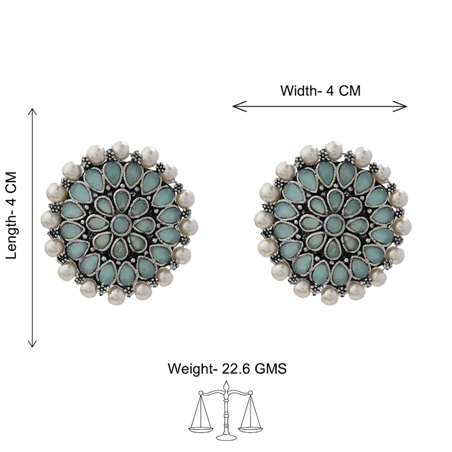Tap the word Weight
190,369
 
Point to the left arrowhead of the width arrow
239,106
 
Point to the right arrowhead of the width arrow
400,106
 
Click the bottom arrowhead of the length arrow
32,343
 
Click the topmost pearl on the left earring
120,150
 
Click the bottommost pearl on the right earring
330,296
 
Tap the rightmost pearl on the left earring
190,226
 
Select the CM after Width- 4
349,91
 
